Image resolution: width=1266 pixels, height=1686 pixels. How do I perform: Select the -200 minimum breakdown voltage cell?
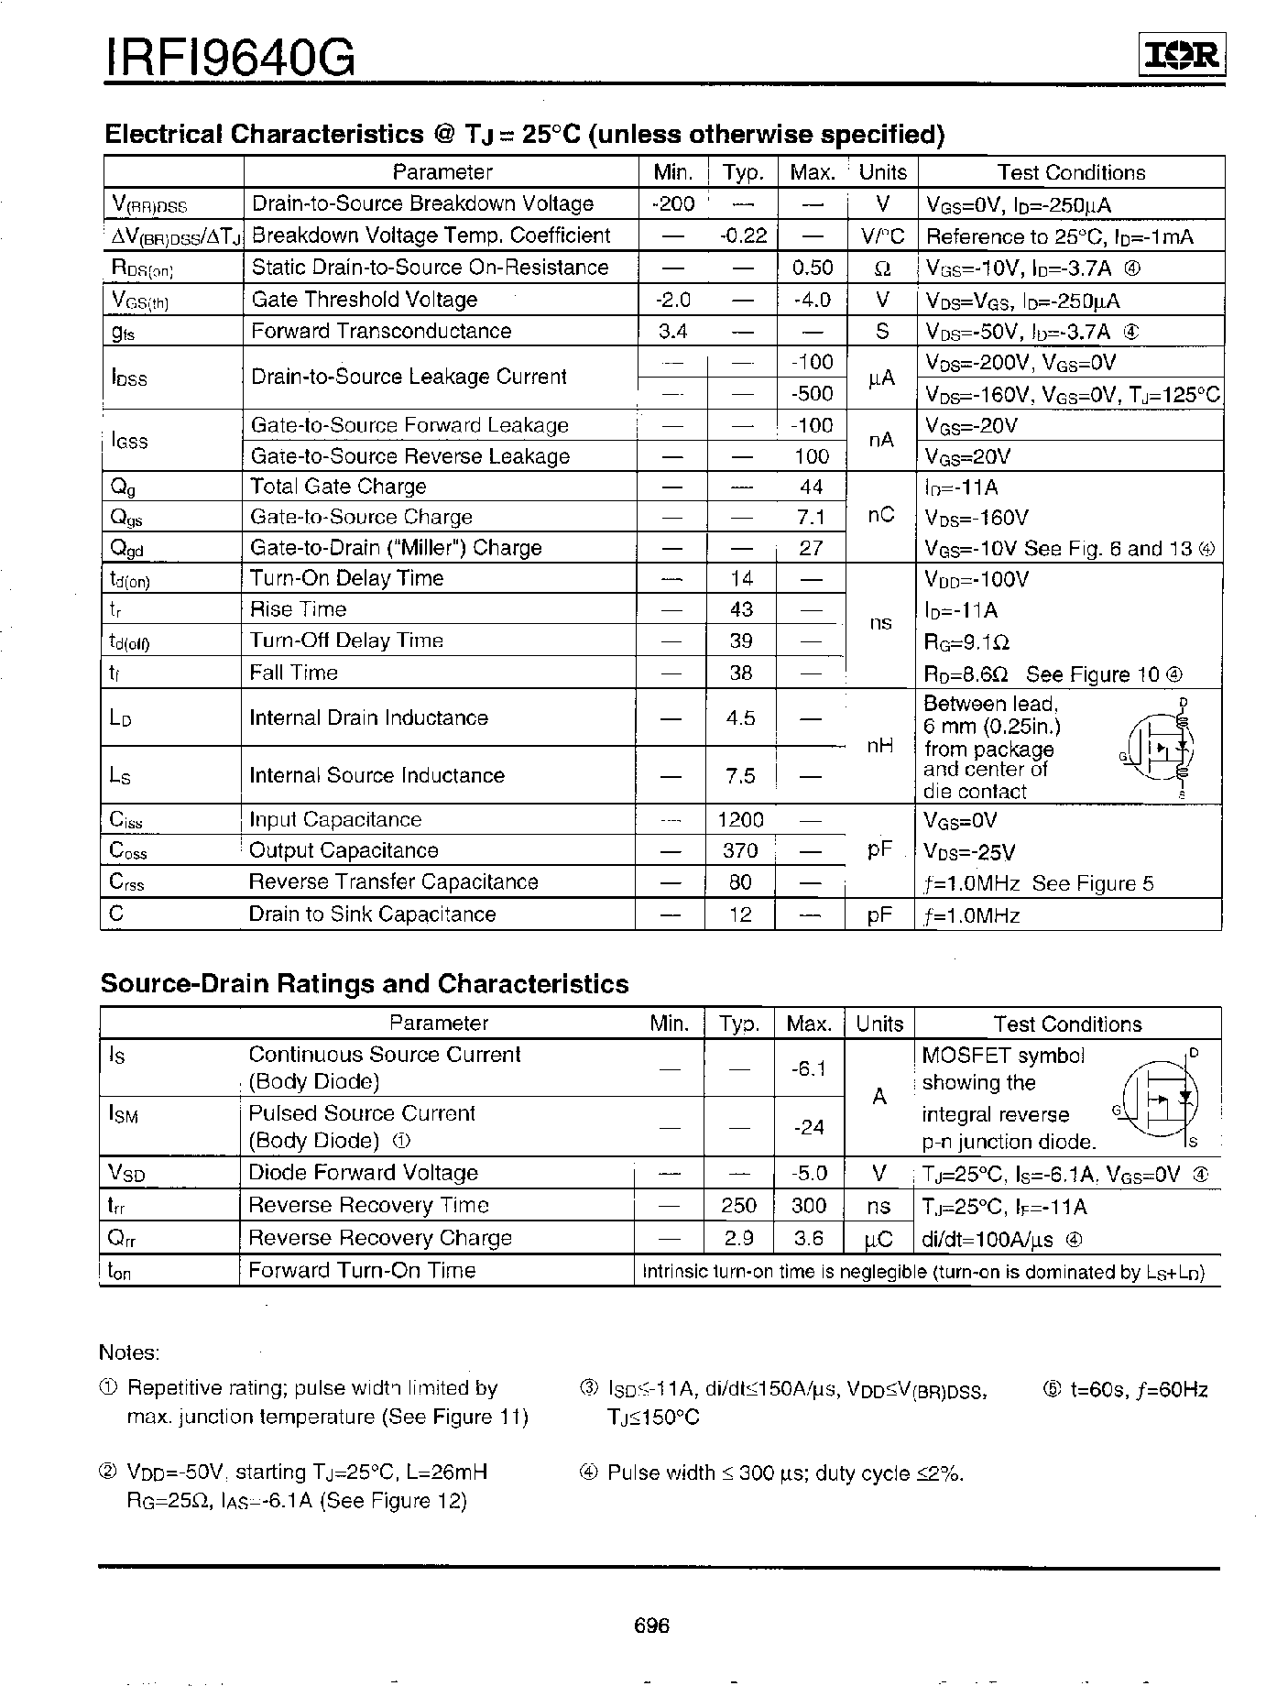[673, 203]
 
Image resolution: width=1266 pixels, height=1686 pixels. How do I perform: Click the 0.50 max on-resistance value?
[812, 268]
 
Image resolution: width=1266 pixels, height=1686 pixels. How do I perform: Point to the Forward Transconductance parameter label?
[381, 331]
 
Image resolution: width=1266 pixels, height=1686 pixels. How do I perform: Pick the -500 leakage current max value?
[812, 394]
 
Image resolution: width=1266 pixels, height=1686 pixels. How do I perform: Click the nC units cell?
[880, 516]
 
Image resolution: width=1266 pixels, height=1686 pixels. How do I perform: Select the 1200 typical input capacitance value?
[740, 820]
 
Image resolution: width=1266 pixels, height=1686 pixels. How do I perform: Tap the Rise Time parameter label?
[298, 609]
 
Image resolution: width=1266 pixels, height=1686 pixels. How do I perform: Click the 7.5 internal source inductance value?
[740, 775]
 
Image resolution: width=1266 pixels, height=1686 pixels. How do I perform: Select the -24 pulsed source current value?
[810, 1127]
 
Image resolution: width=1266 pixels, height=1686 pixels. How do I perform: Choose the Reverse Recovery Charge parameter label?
[380, 1238]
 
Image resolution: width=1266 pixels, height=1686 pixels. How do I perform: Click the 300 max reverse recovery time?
[809, 1206]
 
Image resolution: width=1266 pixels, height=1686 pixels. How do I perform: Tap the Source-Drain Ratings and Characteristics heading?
[365, 984]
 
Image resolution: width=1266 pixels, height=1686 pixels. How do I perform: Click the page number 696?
[651, 1626]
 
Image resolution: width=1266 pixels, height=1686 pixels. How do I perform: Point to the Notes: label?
[129, 1352]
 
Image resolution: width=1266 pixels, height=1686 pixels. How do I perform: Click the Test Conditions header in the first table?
[1071, 173]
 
